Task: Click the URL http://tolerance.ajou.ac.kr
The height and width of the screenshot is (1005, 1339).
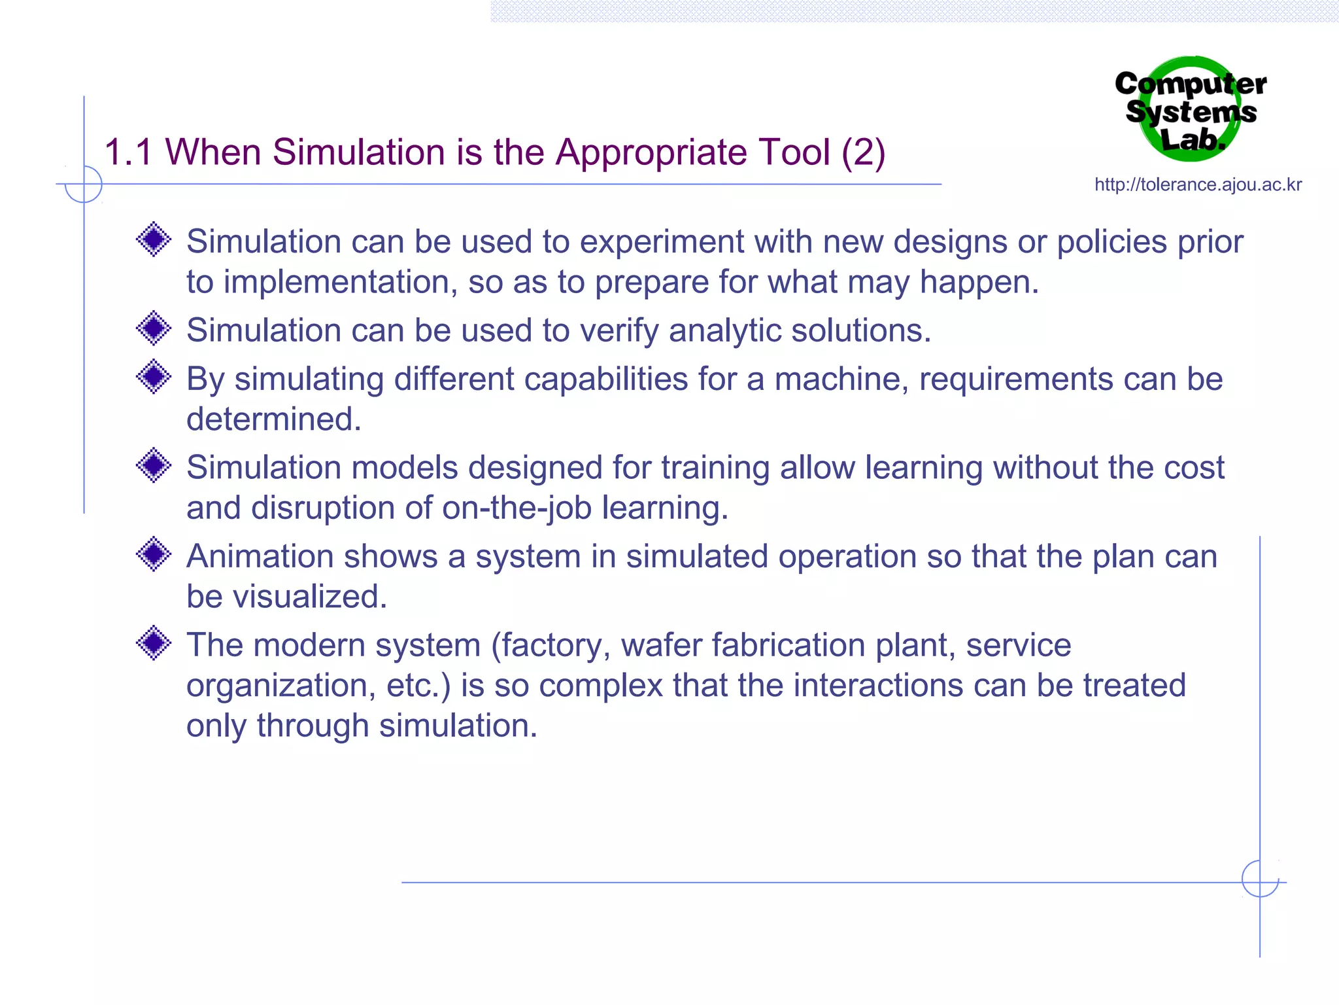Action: tap(1198, 185)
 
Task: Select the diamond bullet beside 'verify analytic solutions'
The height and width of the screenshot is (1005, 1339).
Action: tap(154, 328)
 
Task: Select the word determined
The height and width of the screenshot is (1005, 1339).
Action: tap(273, 419)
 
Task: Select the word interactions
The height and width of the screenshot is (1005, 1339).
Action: tap(878, 686)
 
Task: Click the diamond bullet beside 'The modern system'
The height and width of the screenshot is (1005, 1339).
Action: tap(154, 643)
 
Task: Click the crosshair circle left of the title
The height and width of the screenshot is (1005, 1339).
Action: tap(84, 185)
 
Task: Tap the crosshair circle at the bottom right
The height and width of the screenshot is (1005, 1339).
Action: tap(1260, 879)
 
